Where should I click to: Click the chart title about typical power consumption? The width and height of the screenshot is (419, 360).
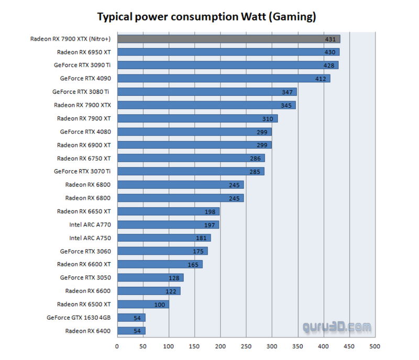206,17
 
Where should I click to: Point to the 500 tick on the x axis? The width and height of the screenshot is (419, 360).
374,346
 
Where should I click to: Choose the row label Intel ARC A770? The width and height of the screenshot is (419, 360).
90,224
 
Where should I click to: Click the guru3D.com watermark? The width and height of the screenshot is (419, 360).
337,328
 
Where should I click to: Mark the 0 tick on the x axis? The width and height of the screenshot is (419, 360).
117,346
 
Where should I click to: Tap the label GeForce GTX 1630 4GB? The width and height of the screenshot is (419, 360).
79,317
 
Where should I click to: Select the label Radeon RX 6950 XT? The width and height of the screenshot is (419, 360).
84,52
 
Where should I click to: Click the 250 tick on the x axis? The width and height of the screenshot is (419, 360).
246,346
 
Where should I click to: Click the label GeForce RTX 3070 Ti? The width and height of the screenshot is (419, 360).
82,171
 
